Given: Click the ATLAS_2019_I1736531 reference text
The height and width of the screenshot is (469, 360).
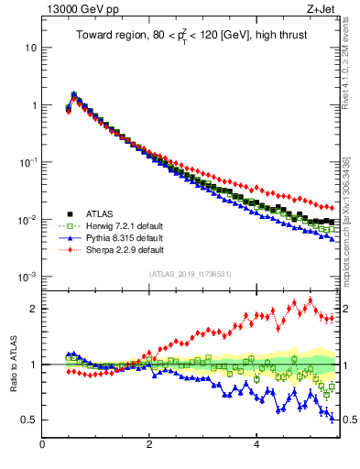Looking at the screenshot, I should point(190,274).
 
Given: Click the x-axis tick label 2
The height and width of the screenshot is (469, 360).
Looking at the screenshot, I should point(149,445).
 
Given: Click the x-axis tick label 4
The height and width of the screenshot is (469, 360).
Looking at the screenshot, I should point(256,445).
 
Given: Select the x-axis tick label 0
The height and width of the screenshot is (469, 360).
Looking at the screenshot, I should point(43,445).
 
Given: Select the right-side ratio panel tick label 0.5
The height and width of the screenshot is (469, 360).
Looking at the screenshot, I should point(349,420).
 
